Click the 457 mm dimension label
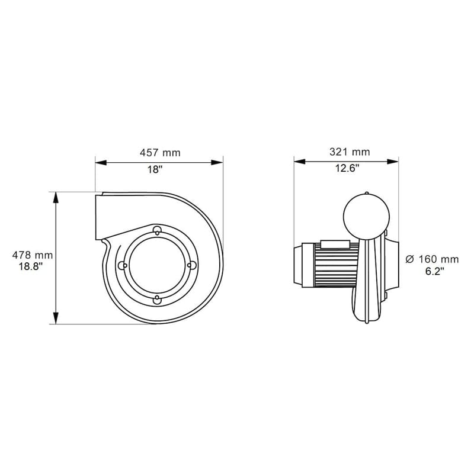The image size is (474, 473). click(160, 153)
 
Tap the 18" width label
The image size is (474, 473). click(155, 170)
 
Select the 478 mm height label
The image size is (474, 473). click(33, 256)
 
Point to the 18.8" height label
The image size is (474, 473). click(31, 267)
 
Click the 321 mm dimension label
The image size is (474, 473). click(350, 152)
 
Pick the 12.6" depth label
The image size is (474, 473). click(347, 168)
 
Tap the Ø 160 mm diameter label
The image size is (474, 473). click(432, 259)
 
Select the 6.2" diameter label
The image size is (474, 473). click(435, 271)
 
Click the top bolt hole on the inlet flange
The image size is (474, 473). click(156, 230)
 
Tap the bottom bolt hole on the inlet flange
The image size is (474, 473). click(156, 300)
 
